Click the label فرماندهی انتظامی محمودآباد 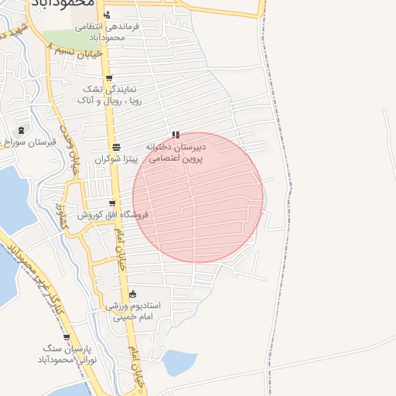click(108, 31)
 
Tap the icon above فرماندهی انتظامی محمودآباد click(107, 15)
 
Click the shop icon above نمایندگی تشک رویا click(109, 78)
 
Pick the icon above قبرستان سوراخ click(21, 129)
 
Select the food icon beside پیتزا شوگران click(116, 147)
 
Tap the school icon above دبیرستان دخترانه click(176, 135)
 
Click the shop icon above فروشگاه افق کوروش click(113, 203)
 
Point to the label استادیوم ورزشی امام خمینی click(133, 311)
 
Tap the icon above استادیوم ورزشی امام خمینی click(133, 295)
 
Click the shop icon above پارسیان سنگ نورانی click(67, 338)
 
